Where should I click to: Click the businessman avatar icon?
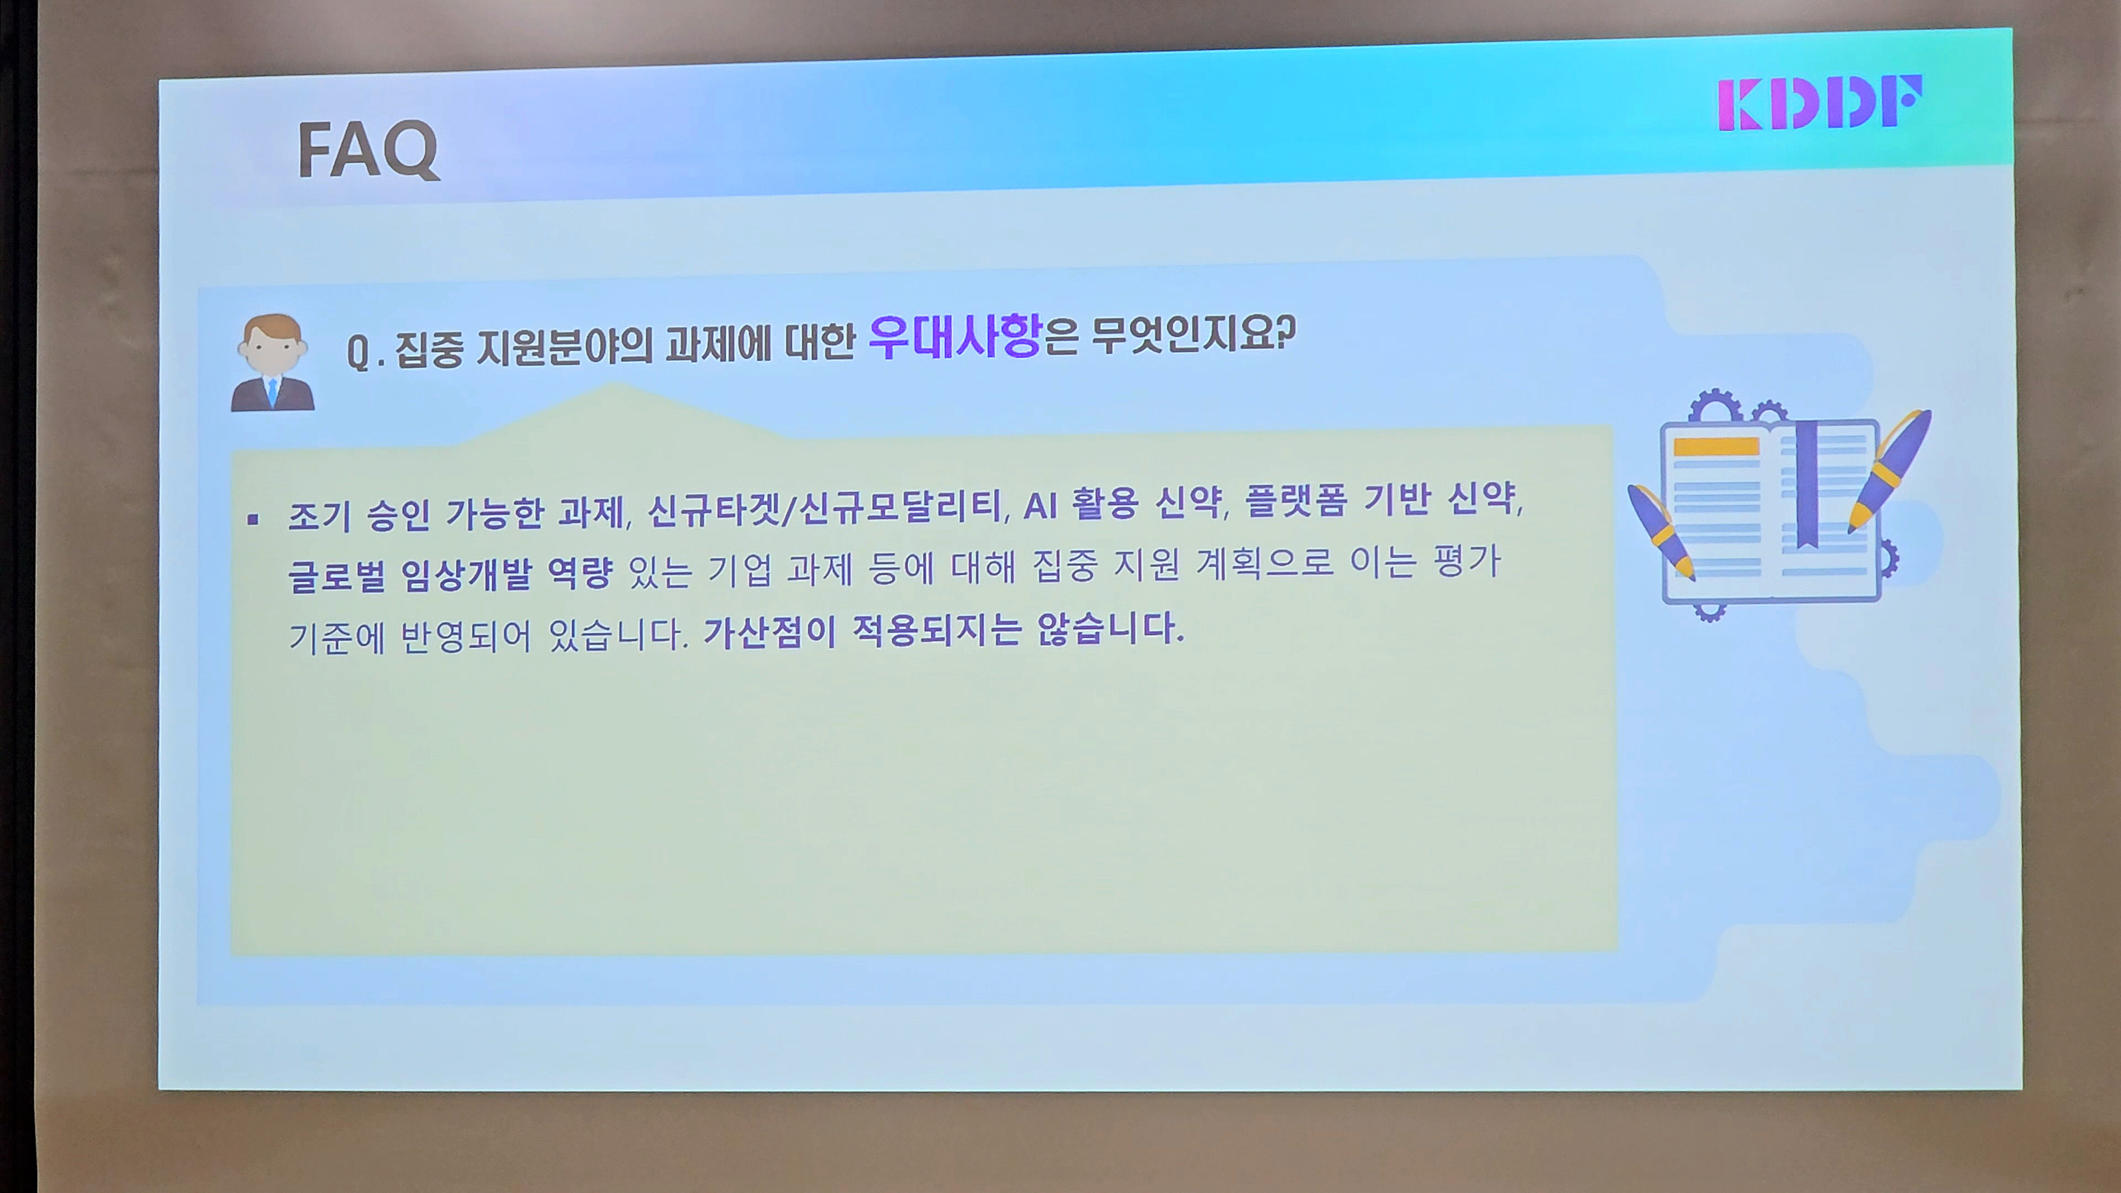pos(272,363)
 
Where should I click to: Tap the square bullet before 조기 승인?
pos(253,519)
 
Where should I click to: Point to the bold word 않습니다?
pos(1109,628)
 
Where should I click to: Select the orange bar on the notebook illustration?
pos(1716,447)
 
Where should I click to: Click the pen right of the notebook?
pos(1890,470)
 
